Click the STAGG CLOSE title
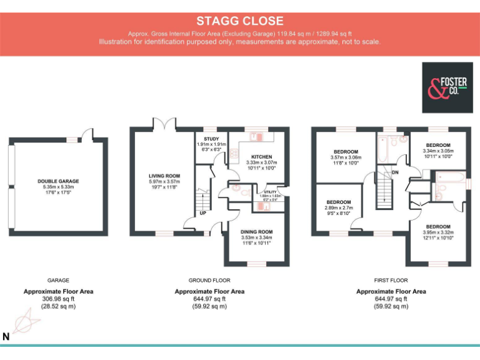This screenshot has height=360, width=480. [x=240, y=21]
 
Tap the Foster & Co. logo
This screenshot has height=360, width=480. [x=447, y=87]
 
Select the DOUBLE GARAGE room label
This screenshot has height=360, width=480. [x=58, y=182]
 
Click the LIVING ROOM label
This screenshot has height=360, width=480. [x=164, y=176]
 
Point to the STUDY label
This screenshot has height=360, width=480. [x=211, y=138]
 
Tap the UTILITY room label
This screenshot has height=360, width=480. [x=270, y=192]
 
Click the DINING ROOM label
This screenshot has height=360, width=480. [x=256, y=231]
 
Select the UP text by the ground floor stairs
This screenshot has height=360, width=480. [x=203, y=213]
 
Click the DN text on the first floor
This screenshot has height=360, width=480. [x=394, y=172]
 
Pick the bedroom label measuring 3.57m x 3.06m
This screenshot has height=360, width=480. [x=346, y=152]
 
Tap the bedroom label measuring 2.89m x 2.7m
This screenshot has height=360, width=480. [x=338, y=202]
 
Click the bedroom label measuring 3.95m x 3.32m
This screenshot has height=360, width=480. [x=437, y=226]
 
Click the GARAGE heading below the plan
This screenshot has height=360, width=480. [x=58, y=281]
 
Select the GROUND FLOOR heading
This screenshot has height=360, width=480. [x=209, y=281]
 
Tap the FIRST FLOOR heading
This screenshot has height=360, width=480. [x=391, y=281]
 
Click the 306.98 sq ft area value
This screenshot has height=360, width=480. [x=58, y=299]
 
